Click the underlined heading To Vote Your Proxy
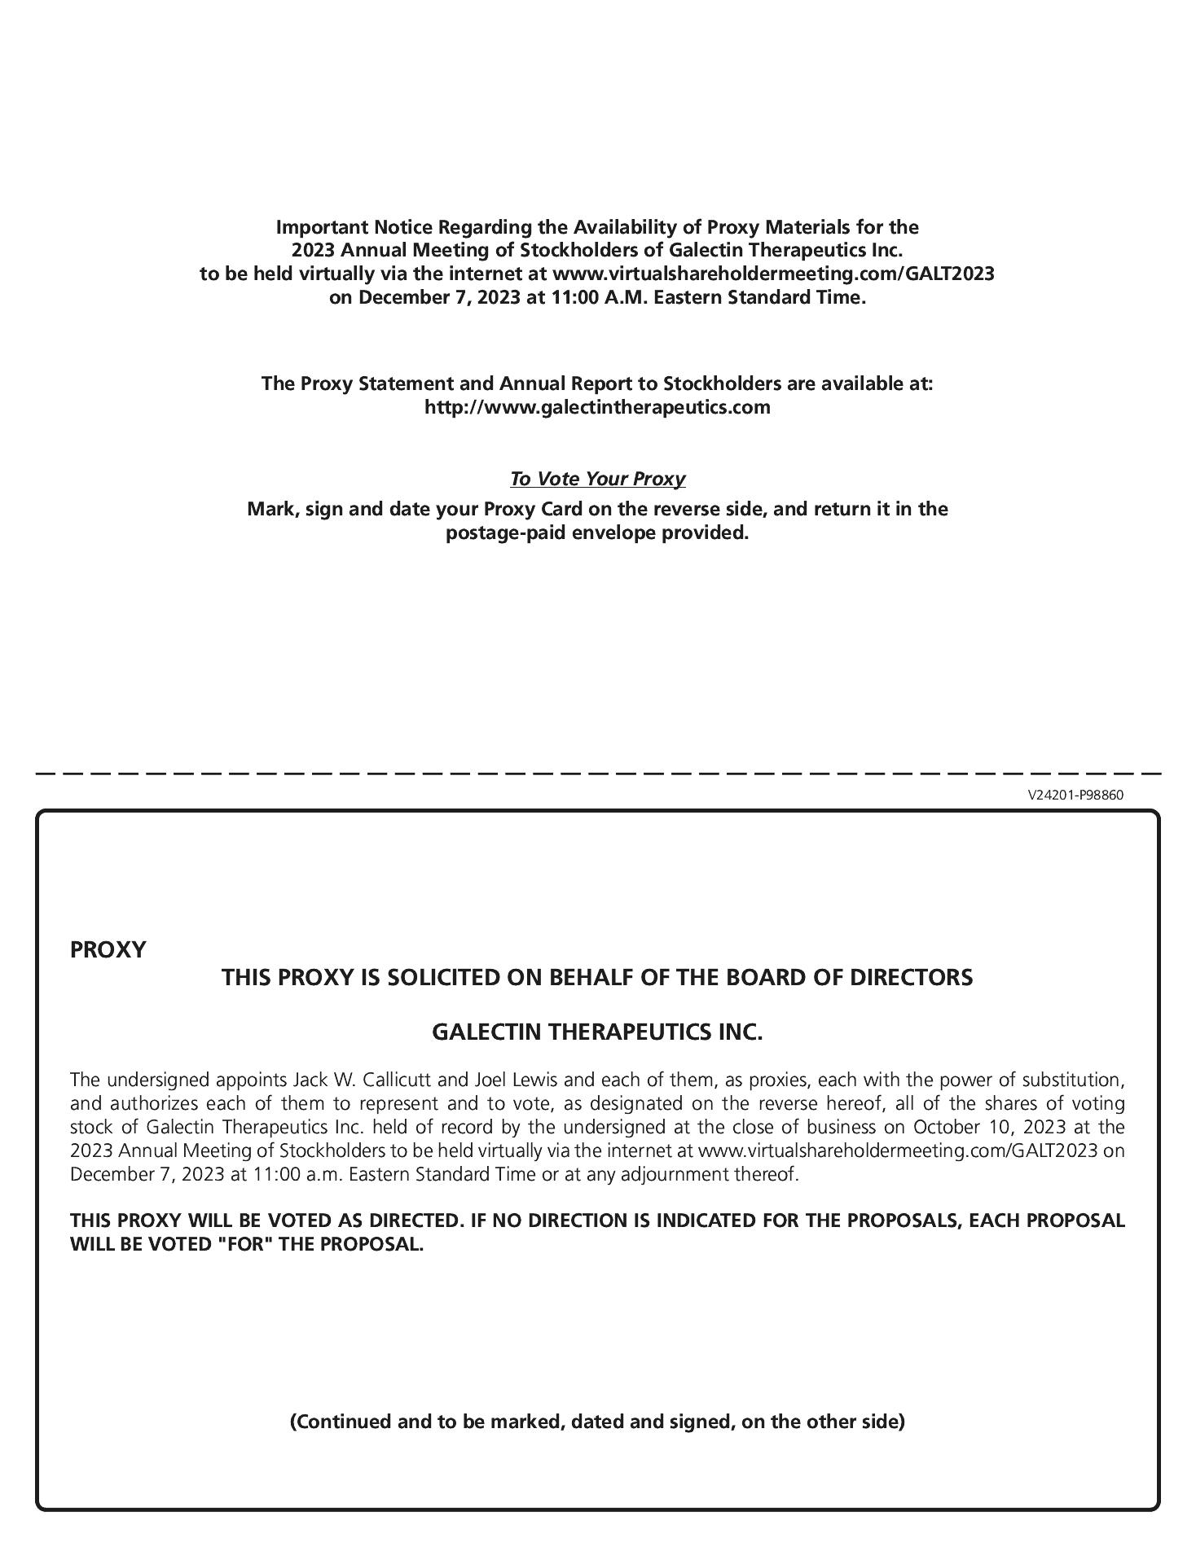(x=597, y=479)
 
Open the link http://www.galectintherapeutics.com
(x=597, y=407)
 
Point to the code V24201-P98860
(x=1075, y=795)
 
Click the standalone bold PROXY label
(x=108, y=950)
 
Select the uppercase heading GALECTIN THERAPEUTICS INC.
(x=597, y=1032)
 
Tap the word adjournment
(x=671, y=1175)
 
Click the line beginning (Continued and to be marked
(x=597, y=1422)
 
